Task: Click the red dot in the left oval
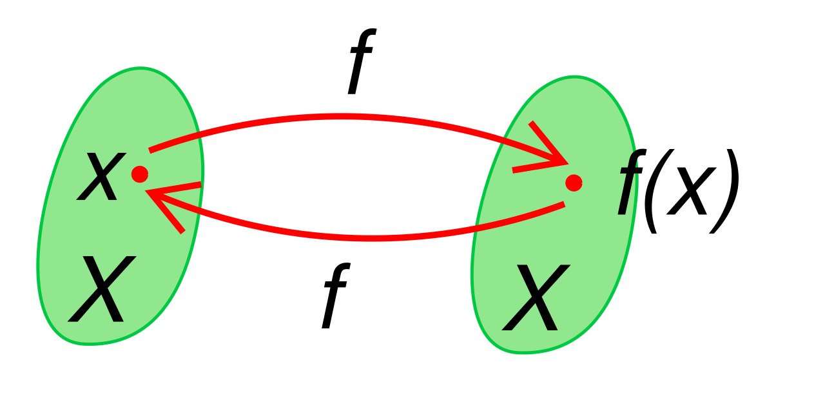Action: (x=140, y=174)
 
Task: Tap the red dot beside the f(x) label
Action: (x=574, y=183)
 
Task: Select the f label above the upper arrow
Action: (x=362, y=61)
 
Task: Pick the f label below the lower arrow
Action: (x=336, y=295)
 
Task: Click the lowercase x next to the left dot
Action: (x=101, y=177)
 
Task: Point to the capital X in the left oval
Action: (x=102, y=289)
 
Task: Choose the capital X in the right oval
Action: (x=536, y=297)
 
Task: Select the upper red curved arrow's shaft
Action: (x=342, y=117)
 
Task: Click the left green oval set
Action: (x=120, y=206)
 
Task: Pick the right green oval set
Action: (x=554, y=215)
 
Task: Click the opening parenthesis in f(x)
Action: (x=651, y=191)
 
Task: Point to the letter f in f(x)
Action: (x=631, y=181)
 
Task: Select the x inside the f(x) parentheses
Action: (x=692, y=192)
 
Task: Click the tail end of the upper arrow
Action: (x=150, y=150)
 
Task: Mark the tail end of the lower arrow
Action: (x=564, y=204)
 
